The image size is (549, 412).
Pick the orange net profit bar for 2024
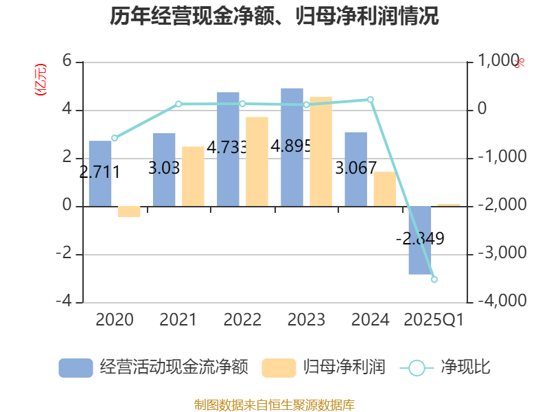click(385, 189)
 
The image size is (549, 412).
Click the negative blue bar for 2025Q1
click(419, 240)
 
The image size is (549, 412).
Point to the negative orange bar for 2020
click(129, 212)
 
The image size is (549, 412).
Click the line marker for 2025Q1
click(434, 279)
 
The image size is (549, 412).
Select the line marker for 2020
click(115, 138)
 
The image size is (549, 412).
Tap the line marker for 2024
click(371, 100)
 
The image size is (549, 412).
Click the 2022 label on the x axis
click(242, 320)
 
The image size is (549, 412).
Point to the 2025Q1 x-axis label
click(434, 320)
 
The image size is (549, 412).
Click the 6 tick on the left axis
click(67, 61)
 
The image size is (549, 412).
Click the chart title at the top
click(274, 16)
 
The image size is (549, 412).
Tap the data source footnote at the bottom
click(274, 404)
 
